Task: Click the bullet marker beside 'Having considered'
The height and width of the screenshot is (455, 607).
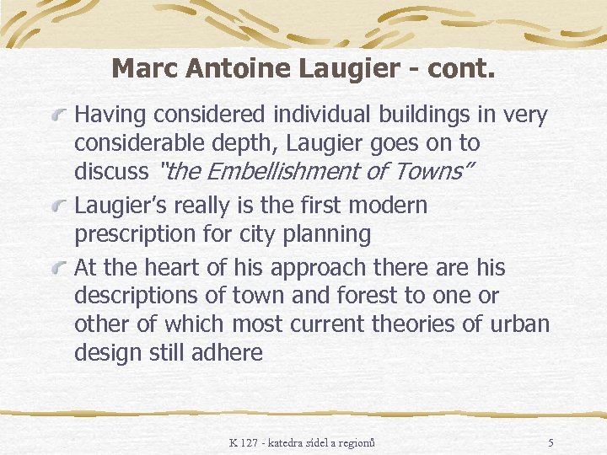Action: pos(59,114)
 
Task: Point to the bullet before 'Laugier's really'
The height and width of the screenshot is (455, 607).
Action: pos(59,205)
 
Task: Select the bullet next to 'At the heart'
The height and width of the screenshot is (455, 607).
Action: pos(59,268)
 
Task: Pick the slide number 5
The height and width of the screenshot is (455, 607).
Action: pos(551,442)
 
